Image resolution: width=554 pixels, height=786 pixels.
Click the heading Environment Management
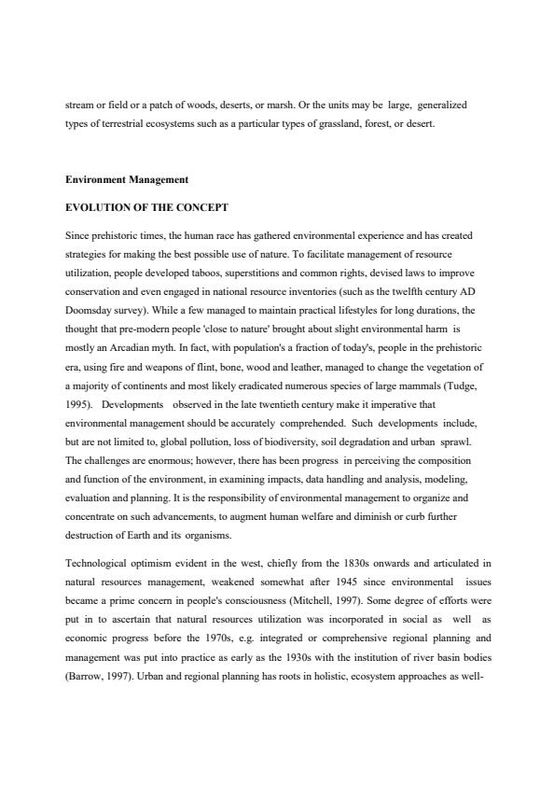pos(127,179)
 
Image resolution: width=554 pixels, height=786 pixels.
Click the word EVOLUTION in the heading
pos(97,207)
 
